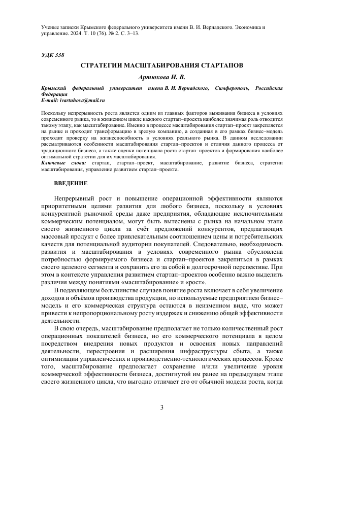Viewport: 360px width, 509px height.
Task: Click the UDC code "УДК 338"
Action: (53, 54)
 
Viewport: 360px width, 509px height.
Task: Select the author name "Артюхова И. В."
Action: (162, 77)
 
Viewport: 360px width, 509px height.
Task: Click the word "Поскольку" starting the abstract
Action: (52, 112)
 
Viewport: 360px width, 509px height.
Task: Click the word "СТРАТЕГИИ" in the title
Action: (99, 66)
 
